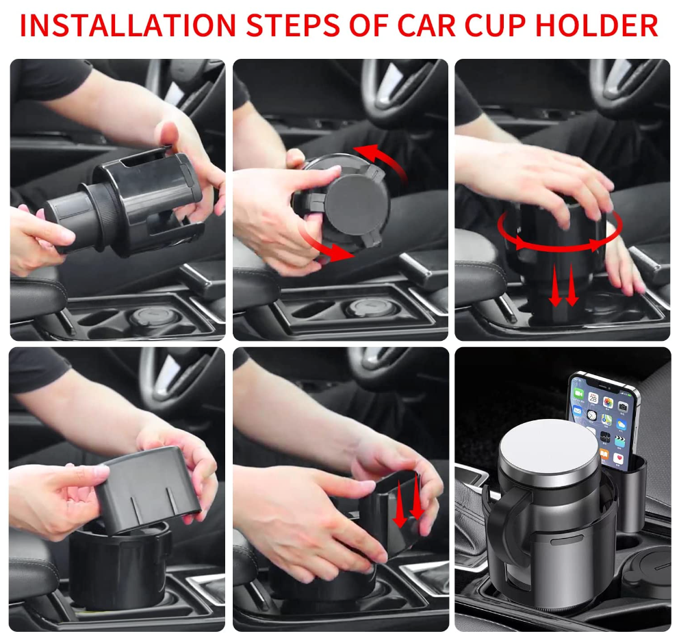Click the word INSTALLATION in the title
point(128,25)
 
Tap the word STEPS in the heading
point(293,25)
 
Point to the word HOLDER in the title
point(597,25)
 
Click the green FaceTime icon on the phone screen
point(578,394)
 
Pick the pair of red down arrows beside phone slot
point(408,500)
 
